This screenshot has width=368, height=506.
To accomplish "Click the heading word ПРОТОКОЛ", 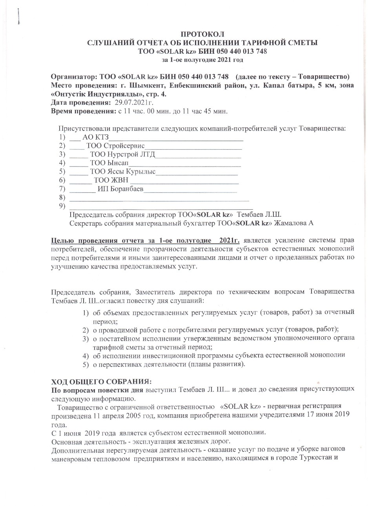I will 203,35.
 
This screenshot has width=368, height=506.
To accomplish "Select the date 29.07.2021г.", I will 133,103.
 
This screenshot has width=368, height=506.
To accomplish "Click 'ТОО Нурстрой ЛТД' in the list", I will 122,154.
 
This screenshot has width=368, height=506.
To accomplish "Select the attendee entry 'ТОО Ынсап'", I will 109,163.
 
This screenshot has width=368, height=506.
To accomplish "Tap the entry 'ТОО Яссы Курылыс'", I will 122,171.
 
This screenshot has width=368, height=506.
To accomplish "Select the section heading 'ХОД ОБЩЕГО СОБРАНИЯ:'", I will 101,381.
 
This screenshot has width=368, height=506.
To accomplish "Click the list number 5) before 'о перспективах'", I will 85,365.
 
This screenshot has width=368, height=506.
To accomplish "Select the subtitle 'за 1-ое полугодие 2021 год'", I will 202,60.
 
